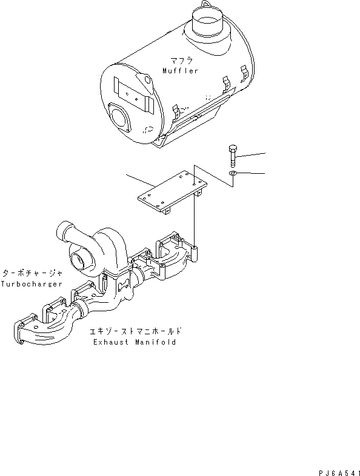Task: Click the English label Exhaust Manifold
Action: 135,342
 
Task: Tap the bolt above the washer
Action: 233,157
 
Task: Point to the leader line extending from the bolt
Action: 252,154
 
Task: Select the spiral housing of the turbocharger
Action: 109,245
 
